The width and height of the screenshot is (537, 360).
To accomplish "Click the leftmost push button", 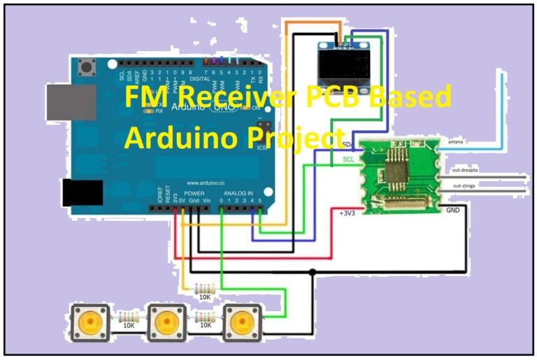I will pos(90,322).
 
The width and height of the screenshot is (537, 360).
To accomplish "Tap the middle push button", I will pos(166,322).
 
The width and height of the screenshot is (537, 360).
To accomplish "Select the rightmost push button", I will pos(242,322).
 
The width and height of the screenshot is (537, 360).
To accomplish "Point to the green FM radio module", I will pos(398,175).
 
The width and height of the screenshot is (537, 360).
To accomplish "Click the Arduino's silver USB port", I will pos(71,102).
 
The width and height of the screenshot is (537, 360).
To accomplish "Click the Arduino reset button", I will pos(88,69).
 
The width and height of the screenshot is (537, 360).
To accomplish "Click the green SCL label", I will pos(348,159).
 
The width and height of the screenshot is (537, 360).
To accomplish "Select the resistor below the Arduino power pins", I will pos(204,288).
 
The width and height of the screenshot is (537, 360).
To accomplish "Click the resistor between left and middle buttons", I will pos(129,316).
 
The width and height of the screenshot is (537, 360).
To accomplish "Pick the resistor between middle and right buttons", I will pos(204,316).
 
